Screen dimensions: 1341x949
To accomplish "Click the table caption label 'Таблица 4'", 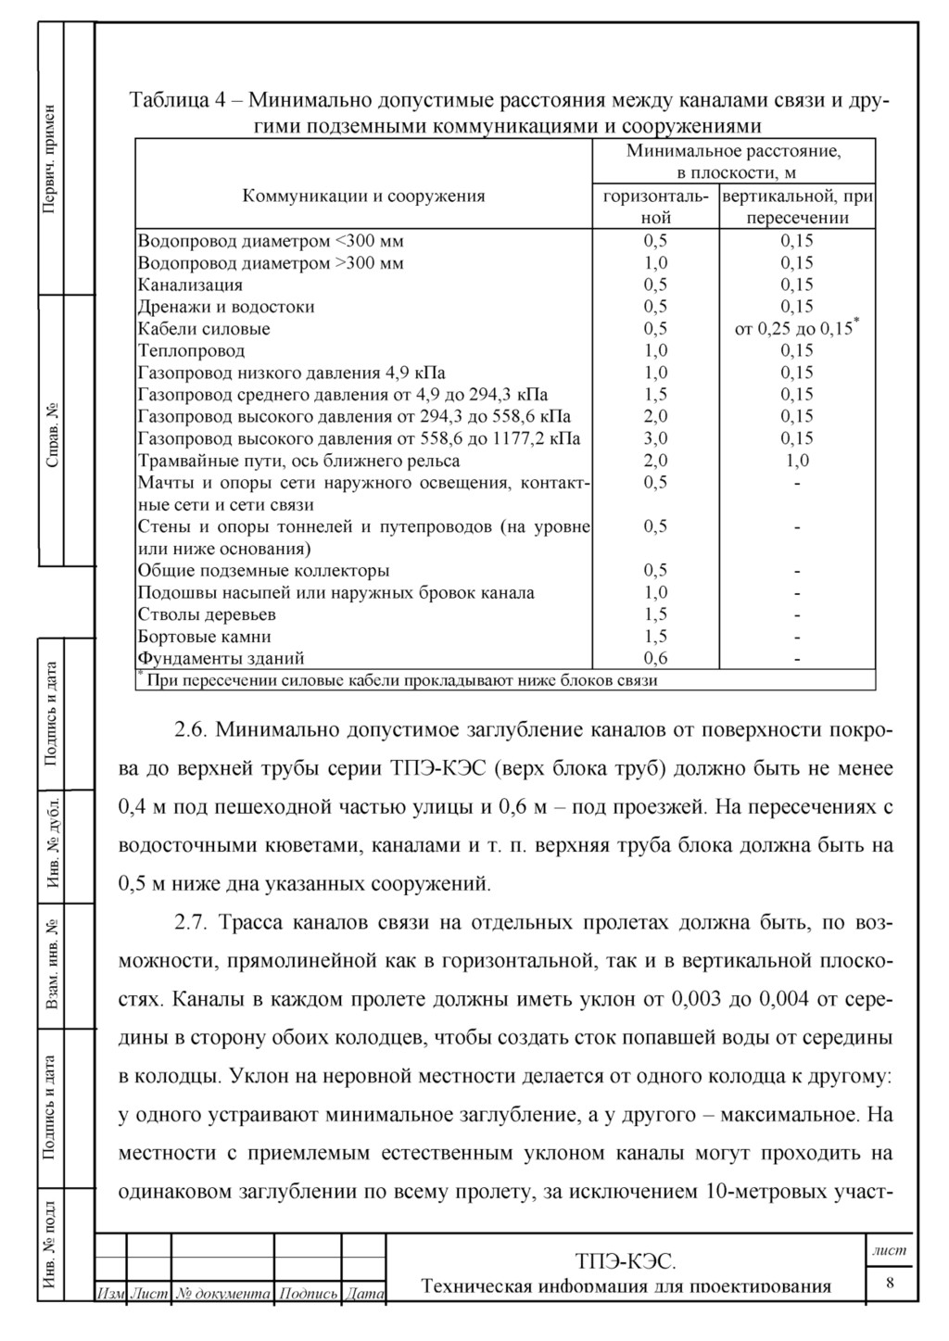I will [x=174, y=100].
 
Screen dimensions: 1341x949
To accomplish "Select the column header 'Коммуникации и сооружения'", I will [x=363, y=196].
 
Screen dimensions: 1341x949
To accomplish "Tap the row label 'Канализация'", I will [x=190, y=285].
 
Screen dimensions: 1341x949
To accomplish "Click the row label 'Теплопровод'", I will [x=191, y=351].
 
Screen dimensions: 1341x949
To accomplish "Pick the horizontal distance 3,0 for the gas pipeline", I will [x=655, y=438].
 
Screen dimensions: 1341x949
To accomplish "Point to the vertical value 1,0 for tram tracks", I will [x=796, y=461].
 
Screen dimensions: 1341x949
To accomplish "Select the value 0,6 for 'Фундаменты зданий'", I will [x=655, y=659].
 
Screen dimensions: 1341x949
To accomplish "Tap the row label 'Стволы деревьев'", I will [x=207, y=614].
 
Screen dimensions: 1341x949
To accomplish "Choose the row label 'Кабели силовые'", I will [x=204, y=329].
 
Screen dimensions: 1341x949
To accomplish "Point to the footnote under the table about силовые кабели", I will [x=399, y=681].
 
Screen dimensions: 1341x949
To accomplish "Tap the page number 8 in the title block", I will [x=891, y=1283].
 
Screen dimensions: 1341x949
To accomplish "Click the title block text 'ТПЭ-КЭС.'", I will [x=626, y=1261].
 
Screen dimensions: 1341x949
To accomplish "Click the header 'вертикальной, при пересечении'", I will [x=797, y=208].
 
